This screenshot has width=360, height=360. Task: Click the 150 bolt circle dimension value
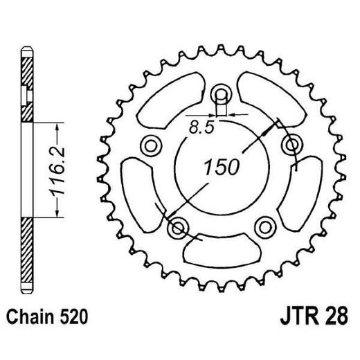click(221, 167)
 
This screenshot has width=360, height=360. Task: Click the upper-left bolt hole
click(150, 145)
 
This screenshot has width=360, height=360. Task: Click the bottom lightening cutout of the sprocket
click(222, 249)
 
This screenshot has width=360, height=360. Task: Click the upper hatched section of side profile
click(27, 90)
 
